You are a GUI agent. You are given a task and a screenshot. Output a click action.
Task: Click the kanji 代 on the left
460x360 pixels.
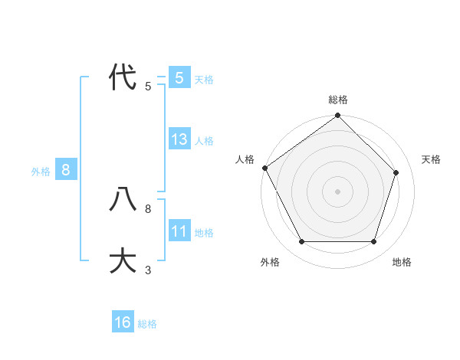(x=123, y=77)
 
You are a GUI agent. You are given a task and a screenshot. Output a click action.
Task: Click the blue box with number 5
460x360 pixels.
(x=179, y=77)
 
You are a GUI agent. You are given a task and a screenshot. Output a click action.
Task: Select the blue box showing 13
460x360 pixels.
(x=179, y=139)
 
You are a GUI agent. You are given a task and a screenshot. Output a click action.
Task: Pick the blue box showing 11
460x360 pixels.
(x=179, y=231)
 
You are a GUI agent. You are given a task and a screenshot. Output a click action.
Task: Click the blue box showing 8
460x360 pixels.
(x=66, y=170)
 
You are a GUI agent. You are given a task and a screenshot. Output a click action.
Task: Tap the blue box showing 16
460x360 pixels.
(x=123, y=322)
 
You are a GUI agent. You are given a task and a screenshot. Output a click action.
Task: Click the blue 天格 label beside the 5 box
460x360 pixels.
(x=204, y=79)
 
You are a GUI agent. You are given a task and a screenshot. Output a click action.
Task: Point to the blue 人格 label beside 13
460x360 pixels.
(x=204, y=141)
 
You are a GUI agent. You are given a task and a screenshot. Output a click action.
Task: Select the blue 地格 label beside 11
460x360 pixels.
(x=204, y=233)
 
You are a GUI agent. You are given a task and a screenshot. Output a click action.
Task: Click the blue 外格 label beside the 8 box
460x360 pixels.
(x=41, y=172)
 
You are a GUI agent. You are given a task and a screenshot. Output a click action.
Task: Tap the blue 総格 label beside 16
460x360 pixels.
(x=147, y=324)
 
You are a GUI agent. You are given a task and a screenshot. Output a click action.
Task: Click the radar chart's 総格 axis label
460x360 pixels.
(x=338, y=100)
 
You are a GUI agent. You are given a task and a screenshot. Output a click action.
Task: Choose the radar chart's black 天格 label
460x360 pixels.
(x=431, y=159)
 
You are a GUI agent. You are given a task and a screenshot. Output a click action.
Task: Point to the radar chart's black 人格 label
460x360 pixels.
(x=245, y=159)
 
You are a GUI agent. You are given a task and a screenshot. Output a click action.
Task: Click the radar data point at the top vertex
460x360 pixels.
(x=338, y=116)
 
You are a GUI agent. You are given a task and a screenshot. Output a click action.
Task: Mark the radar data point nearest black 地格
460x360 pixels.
(x=374, y=241)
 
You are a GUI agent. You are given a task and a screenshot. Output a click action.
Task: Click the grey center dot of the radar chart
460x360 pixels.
(x=338, y=191)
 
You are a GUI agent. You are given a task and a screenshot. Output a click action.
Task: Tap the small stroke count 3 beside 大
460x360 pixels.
(x=148, y=270)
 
